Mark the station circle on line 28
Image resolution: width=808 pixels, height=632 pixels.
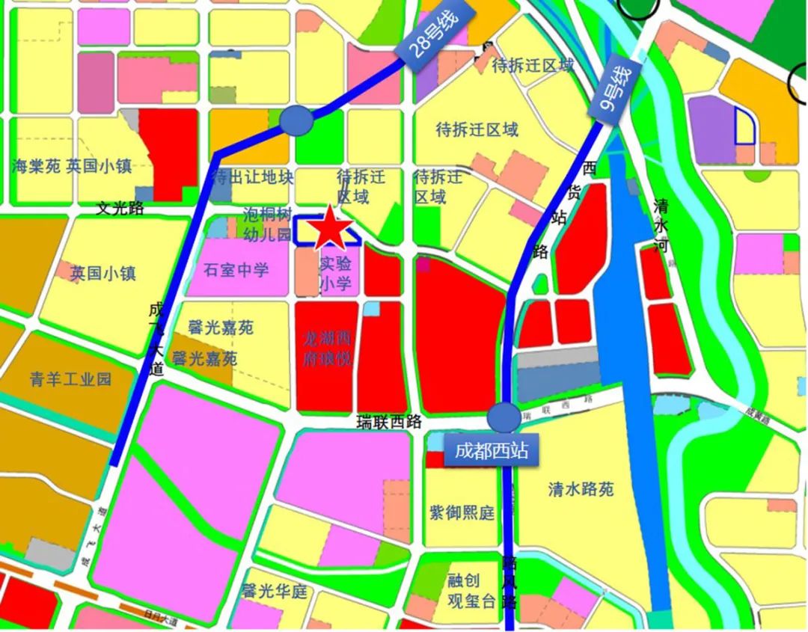click(x=296, y=120)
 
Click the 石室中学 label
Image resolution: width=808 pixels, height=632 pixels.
click(x=236, y=269)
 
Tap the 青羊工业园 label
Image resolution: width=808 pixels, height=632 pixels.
click(x=71, y=378)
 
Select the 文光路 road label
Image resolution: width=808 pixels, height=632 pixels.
click(x=120, y=209)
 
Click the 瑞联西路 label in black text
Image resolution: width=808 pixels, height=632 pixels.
click(x=389, y=423)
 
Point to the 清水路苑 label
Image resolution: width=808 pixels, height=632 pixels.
click(x=581, y=489)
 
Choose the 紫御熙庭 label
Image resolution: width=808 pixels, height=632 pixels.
click(x=462, y=513)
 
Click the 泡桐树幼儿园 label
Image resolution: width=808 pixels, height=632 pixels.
click(x=266, y=224)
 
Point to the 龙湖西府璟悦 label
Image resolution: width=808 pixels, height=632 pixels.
click(x=326, y=349)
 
